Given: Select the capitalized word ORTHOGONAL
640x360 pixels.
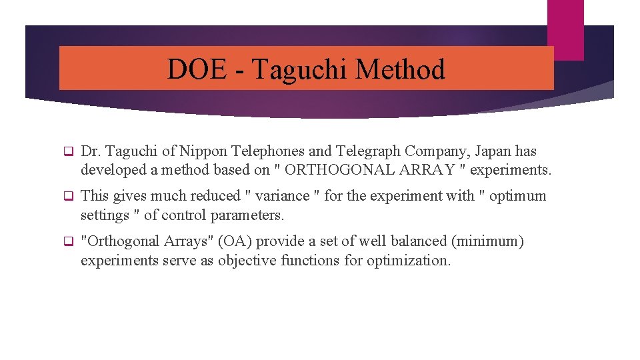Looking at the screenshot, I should click(x=341, y=170).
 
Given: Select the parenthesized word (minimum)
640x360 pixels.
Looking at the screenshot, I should click(x=489, y=241).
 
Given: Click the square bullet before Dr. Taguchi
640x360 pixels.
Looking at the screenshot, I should click(x=67, y=152).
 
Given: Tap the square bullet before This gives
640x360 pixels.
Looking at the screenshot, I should click(x=67, y=196).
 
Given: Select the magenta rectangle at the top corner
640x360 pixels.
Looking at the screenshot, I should click(x=565, y=29).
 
